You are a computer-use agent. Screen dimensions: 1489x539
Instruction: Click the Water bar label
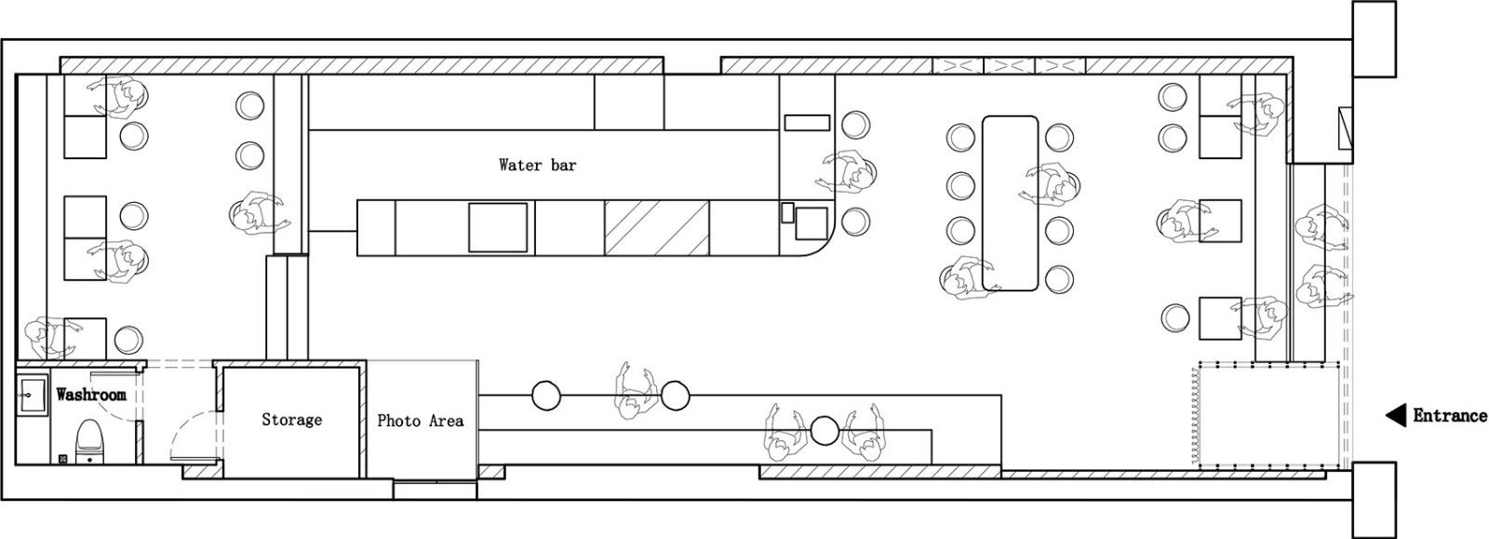click(x=537, y=165)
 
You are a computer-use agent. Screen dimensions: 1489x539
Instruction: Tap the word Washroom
click(x=91, y=395)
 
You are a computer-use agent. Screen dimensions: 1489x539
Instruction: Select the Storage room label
click(x=292, y=419)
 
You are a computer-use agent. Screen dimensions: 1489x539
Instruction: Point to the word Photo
click(x=399, y=421)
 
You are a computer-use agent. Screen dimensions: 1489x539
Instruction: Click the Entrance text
click(x=1449, y=416)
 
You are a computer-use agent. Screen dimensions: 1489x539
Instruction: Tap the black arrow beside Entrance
click(x=1395, y=416)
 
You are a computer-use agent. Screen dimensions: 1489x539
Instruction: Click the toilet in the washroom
click(x=89, y=441)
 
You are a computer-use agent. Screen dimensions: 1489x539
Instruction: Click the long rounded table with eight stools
click(x=1010, y=203)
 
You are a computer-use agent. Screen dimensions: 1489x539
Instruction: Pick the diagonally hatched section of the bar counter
click(x=656, y=227)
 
